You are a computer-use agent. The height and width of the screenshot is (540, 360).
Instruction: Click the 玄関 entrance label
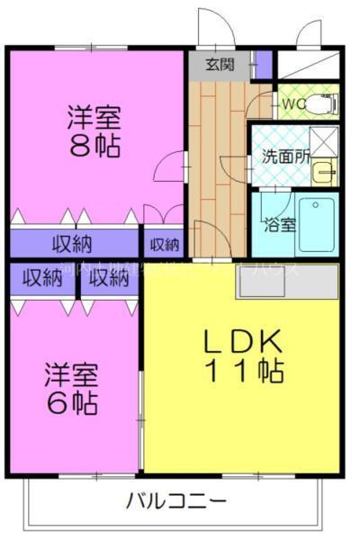(x=219, y=64)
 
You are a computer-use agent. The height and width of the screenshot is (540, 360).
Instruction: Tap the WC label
(x=293, y=104)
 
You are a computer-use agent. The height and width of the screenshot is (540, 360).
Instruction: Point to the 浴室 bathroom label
(x=277, y=225)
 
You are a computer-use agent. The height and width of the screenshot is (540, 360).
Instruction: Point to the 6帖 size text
(x=72, y=402)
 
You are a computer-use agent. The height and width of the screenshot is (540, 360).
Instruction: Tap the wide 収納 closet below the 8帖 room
(x=72, y=243)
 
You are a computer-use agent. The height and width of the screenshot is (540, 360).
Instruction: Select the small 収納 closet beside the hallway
(x=163, y=244)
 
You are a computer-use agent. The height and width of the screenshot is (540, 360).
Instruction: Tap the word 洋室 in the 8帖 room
(x=94, y=118)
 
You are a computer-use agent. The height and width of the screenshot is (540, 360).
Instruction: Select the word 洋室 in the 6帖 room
(x=72, y=373)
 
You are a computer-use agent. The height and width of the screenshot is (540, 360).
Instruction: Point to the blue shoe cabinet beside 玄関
(x=263, y=64)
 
